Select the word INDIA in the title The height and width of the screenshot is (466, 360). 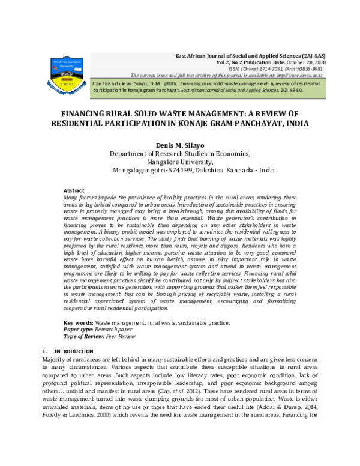pyautogui.click(x=292, y=124)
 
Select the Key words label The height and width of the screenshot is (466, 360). pyautogui.click(x=78, y=323)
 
